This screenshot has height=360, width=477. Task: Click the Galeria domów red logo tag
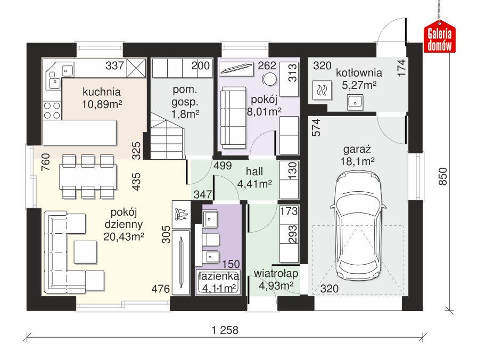point(440,37)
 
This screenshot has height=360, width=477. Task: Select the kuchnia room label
point(102,92)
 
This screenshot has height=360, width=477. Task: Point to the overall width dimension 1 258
point(225,330)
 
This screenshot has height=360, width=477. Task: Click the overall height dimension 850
point(443,176)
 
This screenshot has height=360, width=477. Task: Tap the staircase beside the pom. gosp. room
point(168,136)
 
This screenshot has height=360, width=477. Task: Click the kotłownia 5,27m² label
point(359,79)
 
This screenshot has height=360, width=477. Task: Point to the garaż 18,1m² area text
point(357,155)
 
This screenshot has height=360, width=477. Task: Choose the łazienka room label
point(219,276)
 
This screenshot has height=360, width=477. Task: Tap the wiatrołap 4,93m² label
point(276,280)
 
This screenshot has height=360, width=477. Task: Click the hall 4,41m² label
point(254,178)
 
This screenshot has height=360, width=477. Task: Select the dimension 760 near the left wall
point(46,162)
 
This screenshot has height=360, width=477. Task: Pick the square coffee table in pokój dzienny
point(86,252)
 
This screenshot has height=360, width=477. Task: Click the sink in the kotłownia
point(355,102)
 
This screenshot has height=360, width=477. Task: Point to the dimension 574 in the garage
point(316,127)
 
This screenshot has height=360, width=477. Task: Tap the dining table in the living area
point(88,177)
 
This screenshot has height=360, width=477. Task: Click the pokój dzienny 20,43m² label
point(124,225)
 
